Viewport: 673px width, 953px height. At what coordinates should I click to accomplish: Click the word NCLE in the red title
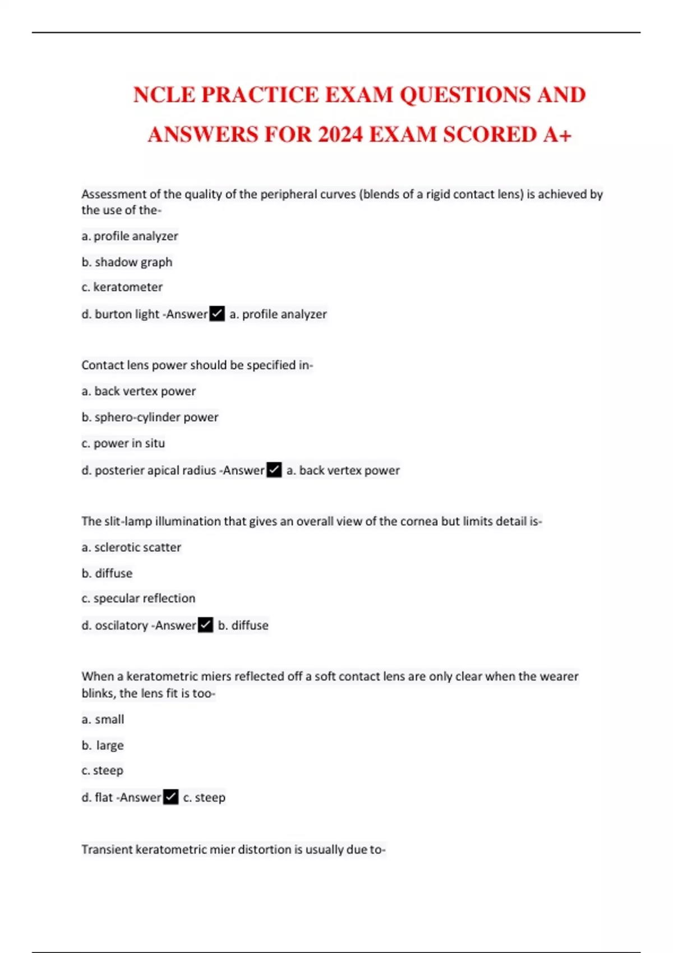(164, 95)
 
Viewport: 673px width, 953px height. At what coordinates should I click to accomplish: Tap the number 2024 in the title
(340, 135)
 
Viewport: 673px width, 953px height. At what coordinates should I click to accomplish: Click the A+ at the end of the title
(557, 135)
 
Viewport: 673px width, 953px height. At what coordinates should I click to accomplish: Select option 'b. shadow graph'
(127, 262)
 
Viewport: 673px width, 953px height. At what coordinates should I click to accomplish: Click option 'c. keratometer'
(122, 287)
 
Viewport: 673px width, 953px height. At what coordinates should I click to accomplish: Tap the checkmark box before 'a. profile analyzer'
(217, 313)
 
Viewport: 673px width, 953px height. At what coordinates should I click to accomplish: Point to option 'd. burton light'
(120, 314)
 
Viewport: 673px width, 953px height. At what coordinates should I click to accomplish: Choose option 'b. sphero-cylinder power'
(150, 417)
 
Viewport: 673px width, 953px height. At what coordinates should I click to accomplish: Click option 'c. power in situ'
(123, 443)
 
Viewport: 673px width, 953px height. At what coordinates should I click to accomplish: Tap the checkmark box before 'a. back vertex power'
(274, 470)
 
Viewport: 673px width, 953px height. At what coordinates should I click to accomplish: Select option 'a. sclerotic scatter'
(131, 547)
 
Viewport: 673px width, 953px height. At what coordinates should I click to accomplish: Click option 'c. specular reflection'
(139, 598)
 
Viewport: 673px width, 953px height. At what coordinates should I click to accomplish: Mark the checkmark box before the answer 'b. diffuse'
(206, 624)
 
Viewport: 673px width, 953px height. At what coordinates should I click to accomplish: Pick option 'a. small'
(103, 719)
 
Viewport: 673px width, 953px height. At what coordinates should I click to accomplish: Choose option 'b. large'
(103, 745)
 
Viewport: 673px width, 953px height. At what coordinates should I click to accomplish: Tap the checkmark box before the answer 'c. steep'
(171, 797)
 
